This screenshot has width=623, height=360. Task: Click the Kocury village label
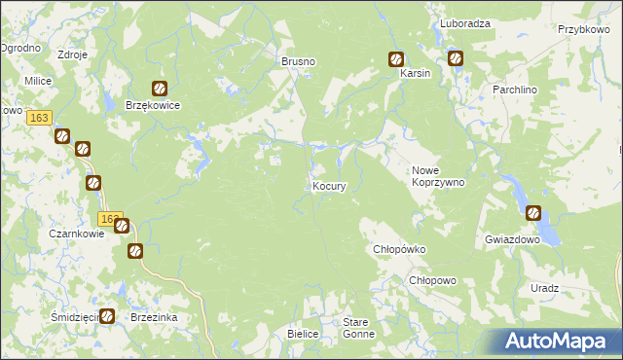pos(329,186)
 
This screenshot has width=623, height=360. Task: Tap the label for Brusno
pos(299,61)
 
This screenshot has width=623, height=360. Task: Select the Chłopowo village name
pos(432,280)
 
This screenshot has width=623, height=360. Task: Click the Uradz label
pos(545,288)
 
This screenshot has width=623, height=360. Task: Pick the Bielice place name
pos(304,334)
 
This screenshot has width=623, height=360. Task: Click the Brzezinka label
pos(153,317)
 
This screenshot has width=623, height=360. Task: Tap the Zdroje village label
pos(73,54)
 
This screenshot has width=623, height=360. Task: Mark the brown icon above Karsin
pos(396,58)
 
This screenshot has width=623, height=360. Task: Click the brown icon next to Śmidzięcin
pos(107,316)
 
